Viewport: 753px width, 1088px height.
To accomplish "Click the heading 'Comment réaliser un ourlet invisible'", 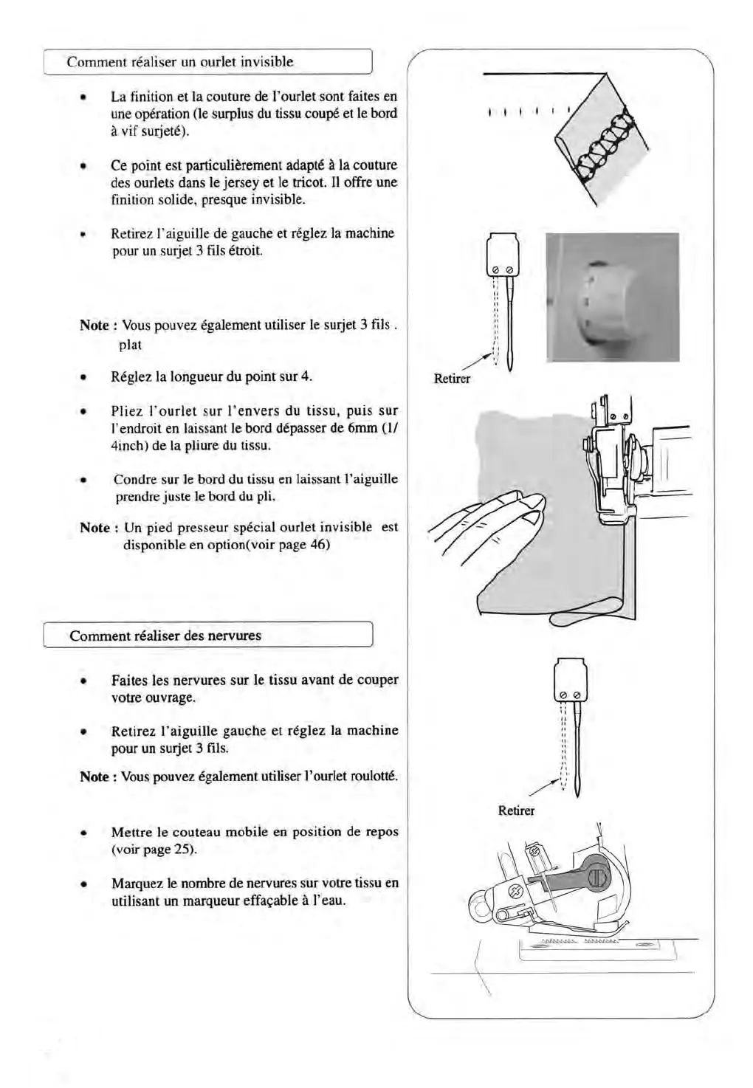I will (x=179, y=62).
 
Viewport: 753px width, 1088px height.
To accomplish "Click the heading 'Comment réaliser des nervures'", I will (x=165, y=636).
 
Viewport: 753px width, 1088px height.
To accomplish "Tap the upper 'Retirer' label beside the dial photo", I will (x=452, y=379).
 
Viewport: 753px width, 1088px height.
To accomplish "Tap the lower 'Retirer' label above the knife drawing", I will (x=516, y=810).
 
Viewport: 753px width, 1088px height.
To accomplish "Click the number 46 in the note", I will (x=320, y=545).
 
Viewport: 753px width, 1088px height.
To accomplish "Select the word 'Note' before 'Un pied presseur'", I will (x=94, y=528).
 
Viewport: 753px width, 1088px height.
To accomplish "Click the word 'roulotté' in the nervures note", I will (x=374, y=777).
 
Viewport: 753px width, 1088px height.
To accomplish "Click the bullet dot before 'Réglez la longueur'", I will (x=85, y=377).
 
